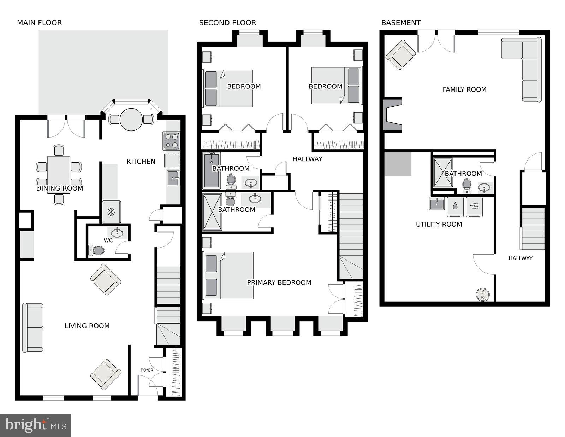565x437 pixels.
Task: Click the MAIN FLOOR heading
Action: [39, 23]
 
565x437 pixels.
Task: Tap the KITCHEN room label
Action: [141, 161]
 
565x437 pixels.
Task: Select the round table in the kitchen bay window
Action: [131, 120]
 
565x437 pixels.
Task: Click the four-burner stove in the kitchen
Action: [171, 140]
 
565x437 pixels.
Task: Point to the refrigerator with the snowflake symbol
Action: [111, 212]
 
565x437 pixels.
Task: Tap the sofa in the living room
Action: [33, 327]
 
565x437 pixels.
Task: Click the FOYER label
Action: [147, 370]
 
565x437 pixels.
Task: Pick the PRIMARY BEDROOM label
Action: [279, 282]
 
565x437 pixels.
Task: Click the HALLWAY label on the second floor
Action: [307, 159]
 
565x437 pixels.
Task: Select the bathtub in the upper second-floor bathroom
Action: [212, 170]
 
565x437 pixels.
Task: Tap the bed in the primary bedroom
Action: [228, 275]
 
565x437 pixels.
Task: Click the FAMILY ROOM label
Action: [464, 89]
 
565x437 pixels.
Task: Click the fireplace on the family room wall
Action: [393, 115]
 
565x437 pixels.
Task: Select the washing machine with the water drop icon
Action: [455, 207]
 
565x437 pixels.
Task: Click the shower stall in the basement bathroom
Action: [443, 172]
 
